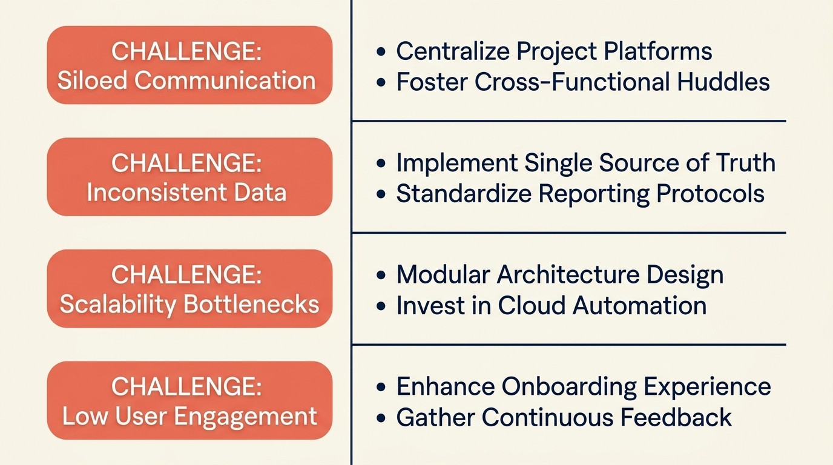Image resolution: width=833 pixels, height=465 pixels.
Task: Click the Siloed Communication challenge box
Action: (189, 65)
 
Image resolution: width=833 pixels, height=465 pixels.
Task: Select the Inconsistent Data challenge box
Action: (189, 177)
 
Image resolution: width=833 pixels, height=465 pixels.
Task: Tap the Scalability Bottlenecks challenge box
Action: (189, 289)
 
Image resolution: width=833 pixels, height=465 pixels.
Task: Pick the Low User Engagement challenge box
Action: (189, 400)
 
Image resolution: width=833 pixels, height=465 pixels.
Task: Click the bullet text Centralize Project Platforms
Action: (554, 51)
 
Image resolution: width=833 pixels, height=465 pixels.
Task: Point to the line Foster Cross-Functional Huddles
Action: (582, 82)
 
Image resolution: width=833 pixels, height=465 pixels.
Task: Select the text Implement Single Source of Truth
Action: (585, 163)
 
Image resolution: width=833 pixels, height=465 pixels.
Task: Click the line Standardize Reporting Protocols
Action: (580, 194)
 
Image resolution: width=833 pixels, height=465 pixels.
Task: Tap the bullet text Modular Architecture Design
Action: (560, 275)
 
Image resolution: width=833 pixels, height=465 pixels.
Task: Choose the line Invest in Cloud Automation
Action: (551, 306)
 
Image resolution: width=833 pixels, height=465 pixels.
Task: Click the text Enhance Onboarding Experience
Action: (583, 387)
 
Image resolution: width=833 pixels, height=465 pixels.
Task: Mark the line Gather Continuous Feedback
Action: (564, 418)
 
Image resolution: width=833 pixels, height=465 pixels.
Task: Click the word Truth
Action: (745, 163)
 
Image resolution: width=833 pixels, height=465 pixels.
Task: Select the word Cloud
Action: (532, 306)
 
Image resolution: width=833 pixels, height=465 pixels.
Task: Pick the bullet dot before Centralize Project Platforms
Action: (381, 52)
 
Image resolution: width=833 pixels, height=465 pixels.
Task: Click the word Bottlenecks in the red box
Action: (251, 304)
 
